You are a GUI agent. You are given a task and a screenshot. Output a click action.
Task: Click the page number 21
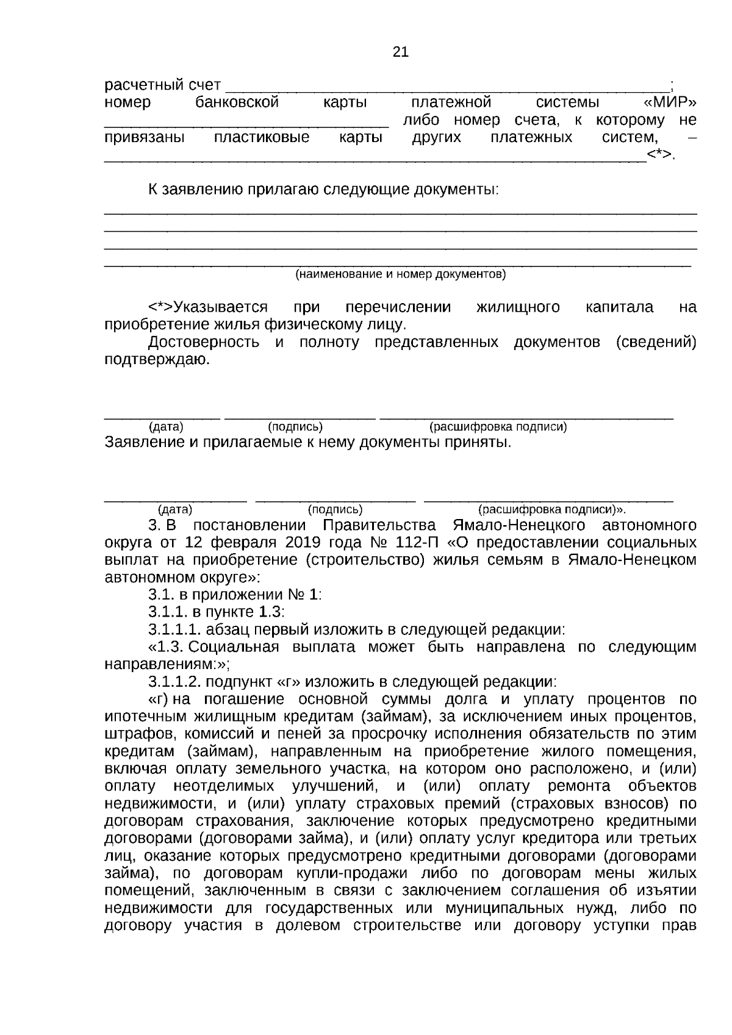click(x=400, y=52)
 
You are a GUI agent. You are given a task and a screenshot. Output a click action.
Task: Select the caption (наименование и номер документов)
click(x=400, y=274)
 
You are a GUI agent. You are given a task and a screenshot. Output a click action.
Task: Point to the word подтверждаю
click(x=157, y=359)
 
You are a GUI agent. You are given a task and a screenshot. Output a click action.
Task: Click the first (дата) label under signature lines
click(x=166, y=427)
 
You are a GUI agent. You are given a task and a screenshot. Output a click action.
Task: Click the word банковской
click(x=237, y=102)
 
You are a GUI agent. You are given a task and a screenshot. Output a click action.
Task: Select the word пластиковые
click(x=262, y=137)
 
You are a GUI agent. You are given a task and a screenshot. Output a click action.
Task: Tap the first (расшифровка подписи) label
click(x=498, y=427)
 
